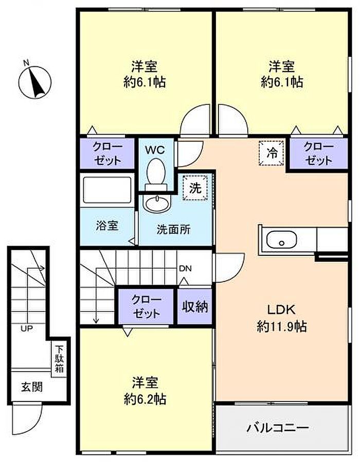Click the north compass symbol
coord(35,81)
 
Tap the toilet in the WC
coord(156,174)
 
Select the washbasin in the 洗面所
coord(157,202)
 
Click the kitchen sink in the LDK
coord(281,239)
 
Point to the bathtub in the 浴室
coord(107,190)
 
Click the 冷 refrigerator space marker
coord(272,153)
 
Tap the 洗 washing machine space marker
coord(195,188)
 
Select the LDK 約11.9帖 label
coord(281,318)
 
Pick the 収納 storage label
coord(194,306)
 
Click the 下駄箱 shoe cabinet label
coord(59,359)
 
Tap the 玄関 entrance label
coord(32,387)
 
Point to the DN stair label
coord(186,268)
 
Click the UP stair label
coord(27,328)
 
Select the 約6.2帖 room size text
coord(145,399)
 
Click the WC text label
coord(155,150)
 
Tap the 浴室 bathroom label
coord(107,226)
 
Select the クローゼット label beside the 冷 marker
coord(319,153)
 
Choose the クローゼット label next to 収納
coord(147,306)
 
